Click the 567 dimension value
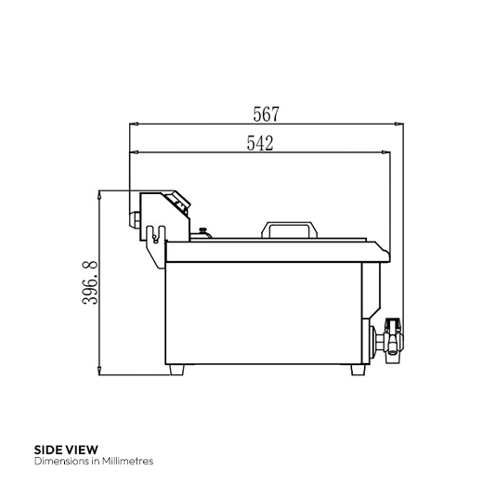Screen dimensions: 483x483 pos(266,114)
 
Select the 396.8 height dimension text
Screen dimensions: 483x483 pos(86,283)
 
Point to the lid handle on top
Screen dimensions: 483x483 pos(289,228)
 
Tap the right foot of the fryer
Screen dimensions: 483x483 pos(357,369)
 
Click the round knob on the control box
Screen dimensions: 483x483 pos(137,219)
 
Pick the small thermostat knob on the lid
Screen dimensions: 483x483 pos(202,232)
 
